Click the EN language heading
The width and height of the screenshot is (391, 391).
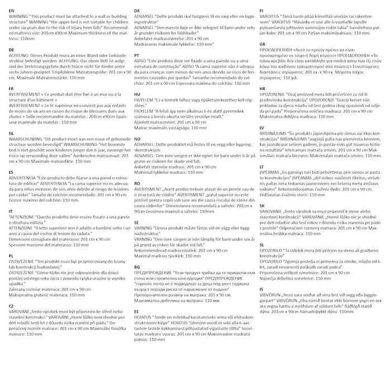12,11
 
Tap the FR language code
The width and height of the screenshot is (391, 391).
12,88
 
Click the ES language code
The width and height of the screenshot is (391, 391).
12,173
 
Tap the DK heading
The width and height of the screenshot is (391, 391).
137,11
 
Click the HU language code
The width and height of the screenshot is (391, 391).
137,95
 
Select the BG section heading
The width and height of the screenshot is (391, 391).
137,267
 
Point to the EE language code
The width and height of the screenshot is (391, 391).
137,311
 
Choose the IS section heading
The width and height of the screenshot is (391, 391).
260,289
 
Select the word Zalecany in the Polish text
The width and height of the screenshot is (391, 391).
20,289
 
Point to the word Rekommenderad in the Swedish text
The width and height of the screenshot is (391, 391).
155,250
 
